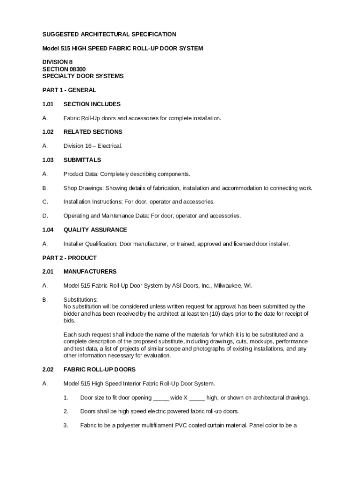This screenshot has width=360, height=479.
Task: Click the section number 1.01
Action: tap(49, 104)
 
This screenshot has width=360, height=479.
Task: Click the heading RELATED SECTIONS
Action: tap(93, 132)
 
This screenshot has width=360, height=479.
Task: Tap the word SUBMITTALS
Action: tap(82, 160)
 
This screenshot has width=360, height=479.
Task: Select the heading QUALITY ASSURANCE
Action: tap(95, 230)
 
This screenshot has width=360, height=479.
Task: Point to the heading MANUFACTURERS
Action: tap(90, 272)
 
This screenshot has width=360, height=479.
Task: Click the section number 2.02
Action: tap(49, 370)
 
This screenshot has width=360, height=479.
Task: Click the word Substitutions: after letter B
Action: tap(80, 300)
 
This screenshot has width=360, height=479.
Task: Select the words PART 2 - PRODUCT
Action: tap(69, 258)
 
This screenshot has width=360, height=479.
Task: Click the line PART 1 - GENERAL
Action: tap(69, 90)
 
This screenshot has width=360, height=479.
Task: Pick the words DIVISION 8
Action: tap(58, 62)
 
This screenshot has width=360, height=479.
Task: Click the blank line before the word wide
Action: tap(161, 398)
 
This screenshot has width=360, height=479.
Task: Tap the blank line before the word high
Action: tap(197, 398)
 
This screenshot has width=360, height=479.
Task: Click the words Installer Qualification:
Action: tap(90, 244)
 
